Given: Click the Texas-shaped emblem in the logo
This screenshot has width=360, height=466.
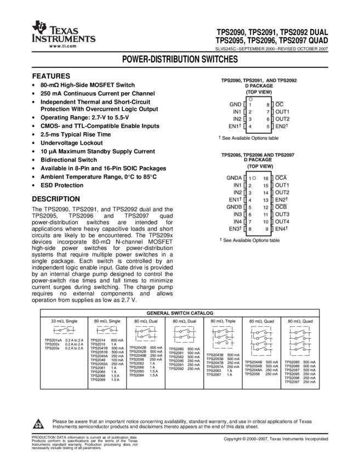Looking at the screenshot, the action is (x=39, y=27).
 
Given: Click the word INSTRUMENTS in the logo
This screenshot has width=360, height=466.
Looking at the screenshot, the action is (x=64, y=39).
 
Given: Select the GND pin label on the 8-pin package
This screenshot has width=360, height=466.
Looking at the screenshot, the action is (x=235, y=104).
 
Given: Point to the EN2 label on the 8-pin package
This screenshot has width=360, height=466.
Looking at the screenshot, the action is (x=281, y=127).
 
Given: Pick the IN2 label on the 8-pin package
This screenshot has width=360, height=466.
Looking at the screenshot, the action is (x=237, y=119).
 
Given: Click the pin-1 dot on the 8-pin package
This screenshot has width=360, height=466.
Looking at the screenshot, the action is (x=250, y=100).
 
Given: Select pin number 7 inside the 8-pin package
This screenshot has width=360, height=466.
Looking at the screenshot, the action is (x=268, y=111).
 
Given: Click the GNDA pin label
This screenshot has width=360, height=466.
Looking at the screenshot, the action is (x=234, y=178).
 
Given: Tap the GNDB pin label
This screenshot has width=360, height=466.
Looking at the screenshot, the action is (x=234, y=207).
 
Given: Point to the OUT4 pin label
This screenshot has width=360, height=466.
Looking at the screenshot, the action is (x=282, y=222).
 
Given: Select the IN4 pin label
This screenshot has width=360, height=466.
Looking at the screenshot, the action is (x=237, y=222).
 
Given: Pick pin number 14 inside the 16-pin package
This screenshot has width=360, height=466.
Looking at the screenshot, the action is (x=266, y=192).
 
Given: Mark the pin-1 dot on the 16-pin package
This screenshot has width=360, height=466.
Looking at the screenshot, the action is (x=254, y=178).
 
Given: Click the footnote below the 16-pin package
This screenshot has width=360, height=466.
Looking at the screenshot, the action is (x=249, y=240).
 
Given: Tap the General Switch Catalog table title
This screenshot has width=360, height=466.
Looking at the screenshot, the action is (x=180, y=312).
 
